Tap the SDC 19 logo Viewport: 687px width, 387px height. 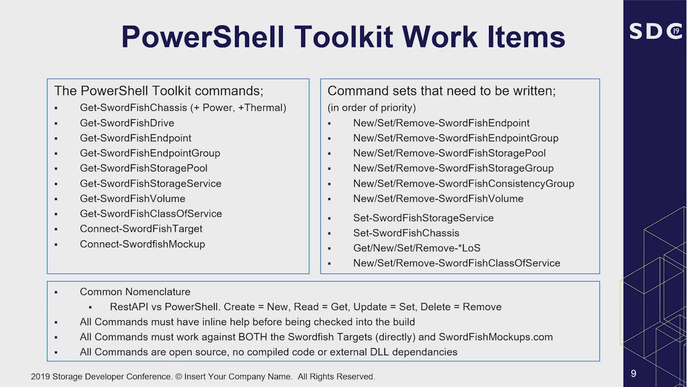click(655, 31)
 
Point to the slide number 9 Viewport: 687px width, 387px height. click(633, 374)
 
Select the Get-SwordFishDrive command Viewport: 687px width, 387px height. click(127, 123)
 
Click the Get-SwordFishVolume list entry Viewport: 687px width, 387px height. click(133, 198)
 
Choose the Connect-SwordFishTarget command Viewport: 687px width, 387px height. click(141, 228)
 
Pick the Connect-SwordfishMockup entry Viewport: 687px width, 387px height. click(142, 244)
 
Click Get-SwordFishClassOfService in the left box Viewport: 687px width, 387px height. click(151, 213)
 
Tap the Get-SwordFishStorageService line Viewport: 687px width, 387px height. click(150, 183)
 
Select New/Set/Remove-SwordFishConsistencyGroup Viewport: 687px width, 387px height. click(463, 183)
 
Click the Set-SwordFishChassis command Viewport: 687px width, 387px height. click(406, 233)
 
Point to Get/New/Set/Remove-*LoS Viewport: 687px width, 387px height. click(416, 248)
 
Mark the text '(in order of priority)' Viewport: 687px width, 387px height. click(371, 107)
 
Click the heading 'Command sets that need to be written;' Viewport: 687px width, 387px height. click(441, 91)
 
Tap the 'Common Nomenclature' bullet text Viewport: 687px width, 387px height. click(135, 292)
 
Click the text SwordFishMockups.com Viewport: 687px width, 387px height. click(495, 337)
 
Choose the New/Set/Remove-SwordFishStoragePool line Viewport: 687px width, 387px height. click(449, 153)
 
